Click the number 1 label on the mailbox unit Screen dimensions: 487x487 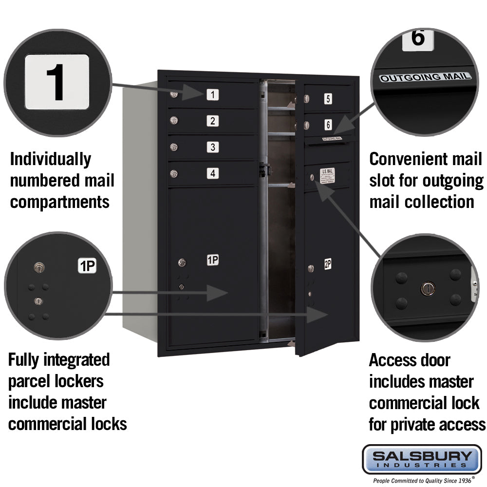(212, 94)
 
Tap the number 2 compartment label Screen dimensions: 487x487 (212, 121)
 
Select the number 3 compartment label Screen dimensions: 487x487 (212, 147)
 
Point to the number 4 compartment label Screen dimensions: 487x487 (212, 173)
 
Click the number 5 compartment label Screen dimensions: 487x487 (328, 99)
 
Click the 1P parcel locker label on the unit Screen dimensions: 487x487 (212, 260)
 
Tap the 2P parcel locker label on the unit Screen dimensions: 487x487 (328, 264)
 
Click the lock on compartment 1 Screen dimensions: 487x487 (174, 94)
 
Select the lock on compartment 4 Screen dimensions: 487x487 (174, 173)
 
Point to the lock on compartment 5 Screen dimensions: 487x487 (307, 99)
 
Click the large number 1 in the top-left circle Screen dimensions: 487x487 (57, 82)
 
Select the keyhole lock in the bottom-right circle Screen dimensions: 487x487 (427, 288)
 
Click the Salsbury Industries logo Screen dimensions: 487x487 (422, 459)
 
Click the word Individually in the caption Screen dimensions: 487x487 (50, 160)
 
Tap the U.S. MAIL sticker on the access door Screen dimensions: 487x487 (327, 176)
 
